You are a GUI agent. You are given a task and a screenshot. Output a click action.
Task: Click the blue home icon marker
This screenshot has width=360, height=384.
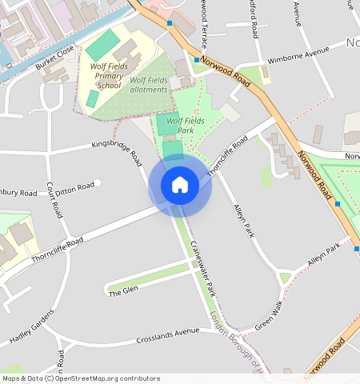click(x=180, y=186)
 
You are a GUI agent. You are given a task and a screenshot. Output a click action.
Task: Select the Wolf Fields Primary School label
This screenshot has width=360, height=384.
click(x=109, y=75)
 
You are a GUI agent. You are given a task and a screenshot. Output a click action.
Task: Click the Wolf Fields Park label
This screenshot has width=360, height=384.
click(x=186, y=125)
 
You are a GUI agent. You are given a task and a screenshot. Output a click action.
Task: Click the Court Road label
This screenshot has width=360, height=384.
click(x=54, y=199)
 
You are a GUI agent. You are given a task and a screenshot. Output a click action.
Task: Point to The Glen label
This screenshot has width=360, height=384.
click(x=123, y=291)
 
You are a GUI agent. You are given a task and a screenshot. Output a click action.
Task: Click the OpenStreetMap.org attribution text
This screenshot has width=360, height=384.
click(x=107, y=378)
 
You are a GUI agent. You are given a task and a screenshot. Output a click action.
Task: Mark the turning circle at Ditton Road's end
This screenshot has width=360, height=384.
click(x=98, y=183)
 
